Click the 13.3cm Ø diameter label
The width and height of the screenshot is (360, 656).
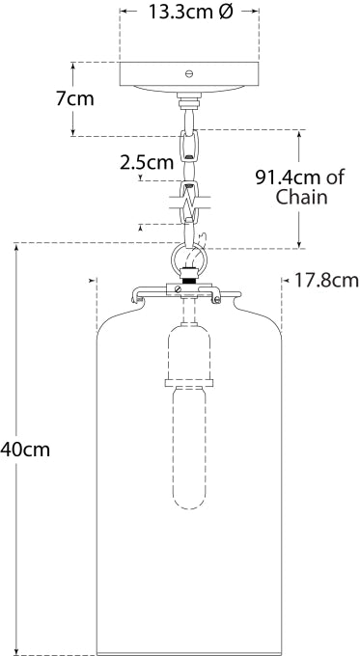tap(189, 14)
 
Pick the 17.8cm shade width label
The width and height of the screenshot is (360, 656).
tap(325, 281)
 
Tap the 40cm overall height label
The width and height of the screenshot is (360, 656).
tap(23, 449)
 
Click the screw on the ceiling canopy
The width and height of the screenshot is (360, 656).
tap(189, 72)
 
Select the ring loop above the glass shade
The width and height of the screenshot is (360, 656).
tap(187, 260)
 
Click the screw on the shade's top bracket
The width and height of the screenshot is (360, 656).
tap(180, 289)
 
